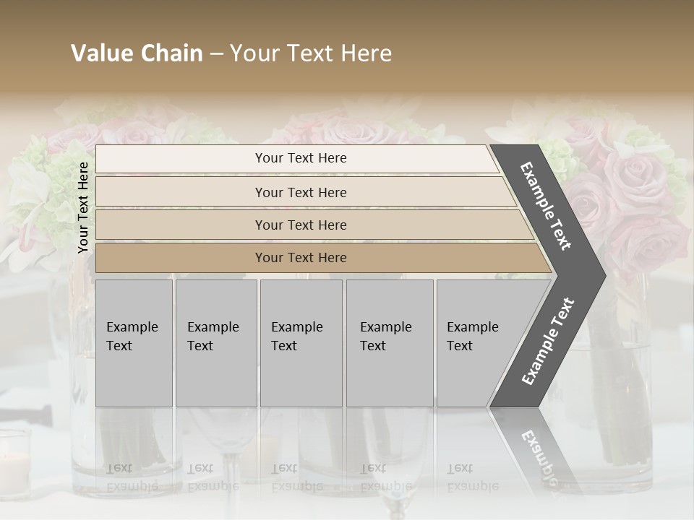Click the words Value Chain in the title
click(x=137, y=53)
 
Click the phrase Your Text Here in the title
click(x=311, y=53)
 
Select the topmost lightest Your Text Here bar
click(x=300, y=158)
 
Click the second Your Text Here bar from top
click(x=300, y=192)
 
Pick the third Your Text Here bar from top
click(x=300, y=225)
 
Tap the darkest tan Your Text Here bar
click(x=300, y=258)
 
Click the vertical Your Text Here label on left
click(x=83, y=207)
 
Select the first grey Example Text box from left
click(x=134, y=343)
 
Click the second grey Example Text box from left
click(x=215, y=343)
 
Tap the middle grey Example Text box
click(x=301, y=343)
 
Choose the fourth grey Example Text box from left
click(x=389, y=343)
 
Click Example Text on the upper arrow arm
click(x=546, y=206)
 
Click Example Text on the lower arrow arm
click(x=548, y=341)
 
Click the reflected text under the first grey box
click(x=132, y=477)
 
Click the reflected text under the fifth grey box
click(x=472, y=477)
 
